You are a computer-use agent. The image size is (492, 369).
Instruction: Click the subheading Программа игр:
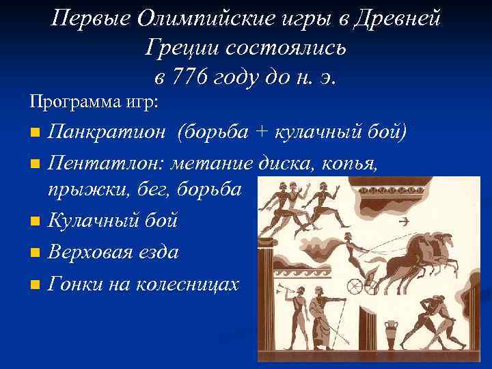point(94,102)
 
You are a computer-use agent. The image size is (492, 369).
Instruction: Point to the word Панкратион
point(106,131)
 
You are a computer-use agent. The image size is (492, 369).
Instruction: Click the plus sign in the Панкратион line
point(261,131)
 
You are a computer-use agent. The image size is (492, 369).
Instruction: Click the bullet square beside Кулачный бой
point(35,222)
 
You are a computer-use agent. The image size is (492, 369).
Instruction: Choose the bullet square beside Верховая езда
point(35,254)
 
